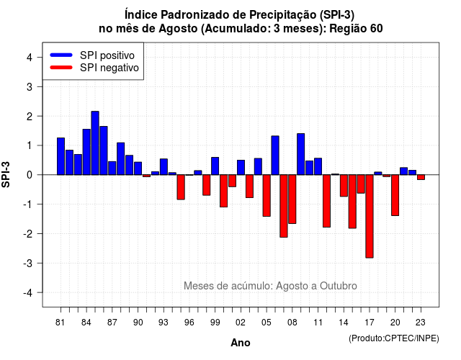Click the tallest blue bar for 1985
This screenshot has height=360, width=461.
click(95, 143)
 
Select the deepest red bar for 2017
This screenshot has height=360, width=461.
click(370, 216)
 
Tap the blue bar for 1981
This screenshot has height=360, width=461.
click(61, 156)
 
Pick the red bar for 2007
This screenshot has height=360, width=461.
click(284, 206)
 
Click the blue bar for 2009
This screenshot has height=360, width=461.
click(301, 154)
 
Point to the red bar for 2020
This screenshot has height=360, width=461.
click(395, 195)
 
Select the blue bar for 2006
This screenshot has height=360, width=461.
click(275, 156)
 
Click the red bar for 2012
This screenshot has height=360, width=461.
click(326, 201)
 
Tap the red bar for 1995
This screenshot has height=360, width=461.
click(181, 187)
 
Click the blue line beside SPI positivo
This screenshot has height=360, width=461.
click(61, 55)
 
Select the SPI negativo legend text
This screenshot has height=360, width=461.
click(109, 68)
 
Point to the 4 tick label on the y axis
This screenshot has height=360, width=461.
click(30, 58)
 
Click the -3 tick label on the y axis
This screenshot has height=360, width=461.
click(27, 263)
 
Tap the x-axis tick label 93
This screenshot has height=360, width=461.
click(164, 323)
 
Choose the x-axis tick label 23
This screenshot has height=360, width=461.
click(421, 323)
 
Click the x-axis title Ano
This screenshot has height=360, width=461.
click(241, 343)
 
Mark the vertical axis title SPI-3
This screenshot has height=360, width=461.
click(6, 174)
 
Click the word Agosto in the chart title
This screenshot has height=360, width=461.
click(178, 29)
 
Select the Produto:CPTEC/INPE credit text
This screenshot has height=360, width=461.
click(394, 338)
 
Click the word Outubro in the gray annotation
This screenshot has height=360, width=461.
click(339, 286)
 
